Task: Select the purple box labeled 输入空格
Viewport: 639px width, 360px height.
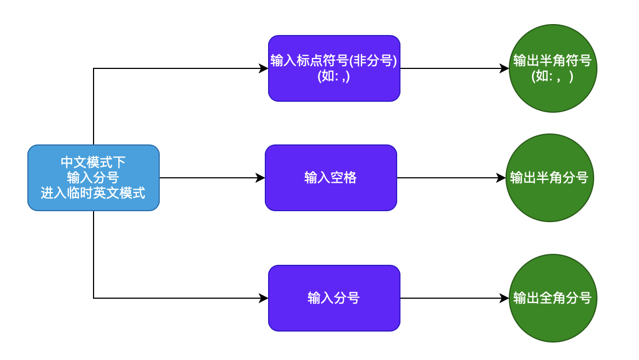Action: click(330, 178)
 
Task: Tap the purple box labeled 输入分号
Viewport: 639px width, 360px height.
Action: click(334, 298)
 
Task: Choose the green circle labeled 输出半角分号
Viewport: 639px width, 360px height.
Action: click(549, 178)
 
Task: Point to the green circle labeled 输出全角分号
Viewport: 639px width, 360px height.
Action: click(553, 298)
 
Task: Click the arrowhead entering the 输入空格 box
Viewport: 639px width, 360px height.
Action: click(260, 178)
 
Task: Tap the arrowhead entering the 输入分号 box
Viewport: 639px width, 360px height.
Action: click(264, 298)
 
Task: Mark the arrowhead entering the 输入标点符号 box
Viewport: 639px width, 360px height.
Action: click(264, 68)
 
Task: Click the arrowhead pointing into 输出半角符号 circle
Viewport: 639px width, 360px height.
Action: click(504, 68)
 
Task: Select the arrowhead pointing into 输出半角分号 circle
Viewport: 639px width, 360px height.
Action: click(501, 178)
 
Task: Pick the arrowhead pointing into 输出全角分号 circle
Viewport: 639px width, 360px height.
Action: click(504, 298)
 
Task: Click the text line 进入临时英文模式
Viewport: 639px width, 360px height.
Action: click(93, 193)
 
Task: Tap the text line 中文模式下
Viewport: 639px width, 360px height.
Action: click(93, 162)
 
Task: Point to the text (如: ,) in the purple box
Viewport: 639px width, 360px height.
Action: click(334, 77)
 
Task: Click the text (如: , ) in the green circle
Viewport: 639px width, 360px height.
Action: click(553, 77)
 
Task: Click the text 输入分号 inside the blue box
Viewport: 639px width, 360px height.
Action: click(93, 177)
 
